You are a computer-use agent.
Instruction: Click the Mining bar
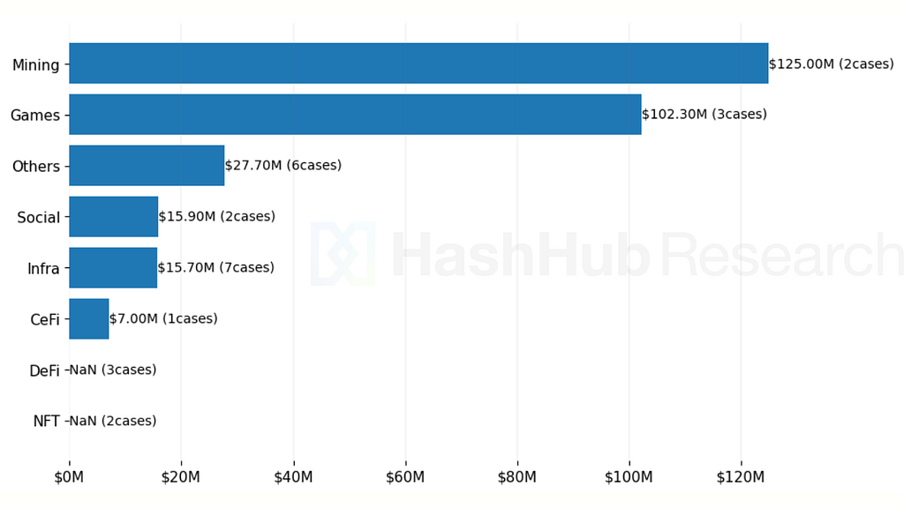click(x=418, y=63)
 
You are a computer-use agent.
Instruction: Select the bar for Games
click(x=355, y=115)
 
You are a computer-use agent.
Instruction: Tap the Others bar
click(x=147, y=166)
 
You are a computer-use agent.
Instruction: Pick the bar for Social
click(x=113, y=217)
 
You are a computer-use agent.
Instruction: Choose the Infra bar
click(x=113, y=268)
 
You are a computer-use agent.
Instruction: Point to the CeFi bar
click(x=88, y=318)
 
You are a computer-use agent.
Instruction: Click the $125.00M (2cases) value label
click(x=831, y=63)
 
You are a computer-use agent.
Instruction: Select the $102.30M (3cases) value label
click(x=704, y=115)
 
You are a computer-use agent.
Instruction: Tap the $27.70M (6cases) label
click(x=282, y=166)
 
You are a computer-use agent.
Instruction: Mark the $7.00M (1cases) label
click(x=162, y=318)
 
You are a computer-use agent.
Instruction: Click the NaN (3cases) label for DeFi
click(x=112, y=370)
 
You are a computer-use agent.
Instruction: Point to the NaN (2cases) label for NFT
click(x=112, y=421)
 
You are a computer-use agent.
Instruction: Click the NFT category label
click(x=46, y=422)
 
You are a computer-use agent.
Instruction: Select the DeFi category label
click(x=44, y=370)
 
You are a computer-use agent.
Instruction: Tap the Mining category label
click(x=36, y=64)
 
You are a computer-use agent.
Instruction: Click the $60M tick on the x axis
click(x=405, y=477)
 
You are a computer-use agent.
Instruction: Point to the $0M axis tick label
click(x=69, y=477)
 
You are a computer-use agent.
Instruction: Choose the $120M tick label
click(x=741, y=477)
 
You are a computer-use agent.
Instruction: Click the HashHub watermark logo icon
click(x=343, y=254)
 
